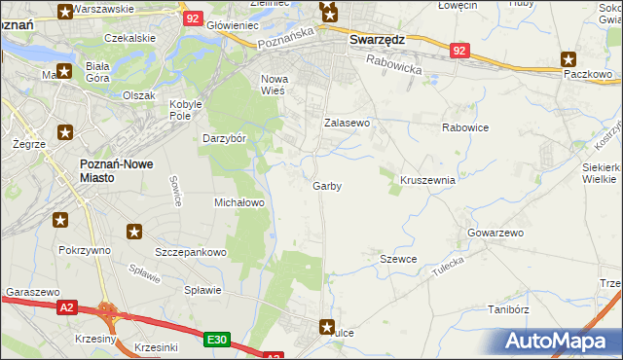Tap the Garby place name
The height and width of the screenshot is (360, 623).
point(327,186)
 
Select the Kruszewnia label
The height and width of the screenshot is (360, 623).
point(428,180)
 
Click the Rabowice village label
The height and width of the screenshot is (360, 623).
point(464,126)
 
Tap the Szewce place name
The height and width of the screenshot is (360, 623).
point(398,259)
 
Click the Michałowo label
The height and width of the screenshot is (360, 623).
point(239,202)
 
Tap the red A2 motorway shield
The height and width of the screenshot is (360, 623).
point(66,307)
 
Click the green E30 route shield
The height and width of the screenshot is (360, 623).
point(217,340)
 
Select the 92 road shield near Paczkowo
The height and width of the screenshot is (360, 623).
point(460,49)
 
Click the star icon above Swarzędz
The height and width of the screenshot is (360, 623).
point(329,13)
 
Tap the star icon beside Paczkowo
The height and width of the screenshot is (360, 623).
point(569,59)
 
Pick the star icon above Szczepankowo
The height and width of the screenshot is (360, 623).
point(134,232)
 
